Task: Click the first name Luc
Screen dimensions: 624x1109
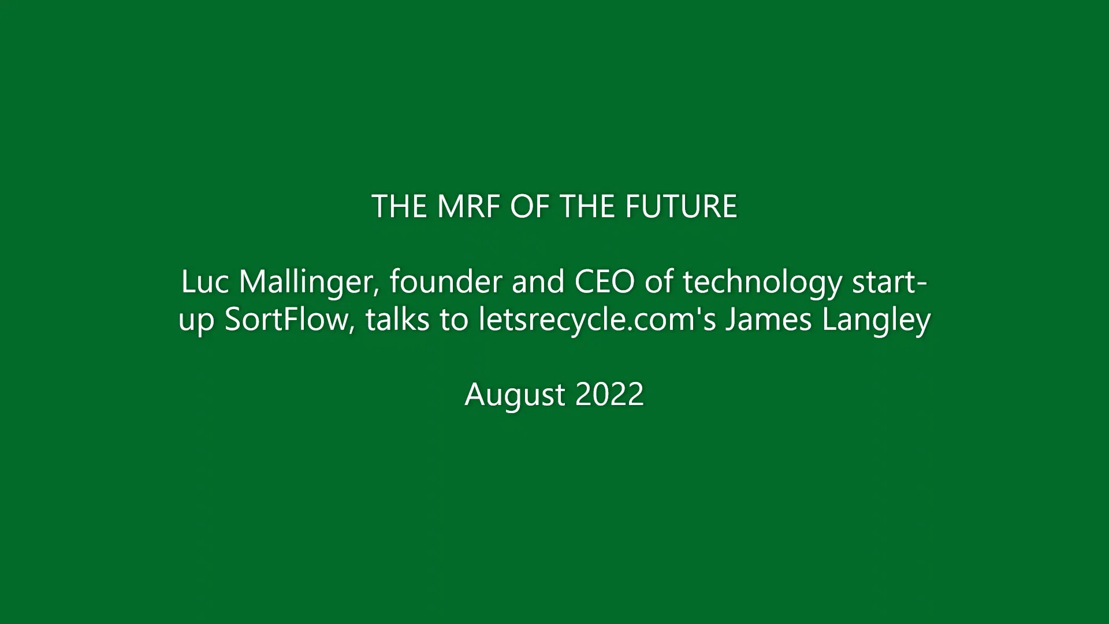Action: (205, 282)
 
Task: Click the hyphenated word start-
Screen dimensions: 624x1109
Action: (890, 282)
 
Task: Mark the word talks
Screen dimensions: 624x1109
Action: (397, 320)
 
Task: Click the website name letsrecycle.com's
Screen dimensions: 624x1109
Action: (597, 320)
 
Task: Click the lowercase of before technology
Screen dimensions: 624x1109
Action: (661, 282)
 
